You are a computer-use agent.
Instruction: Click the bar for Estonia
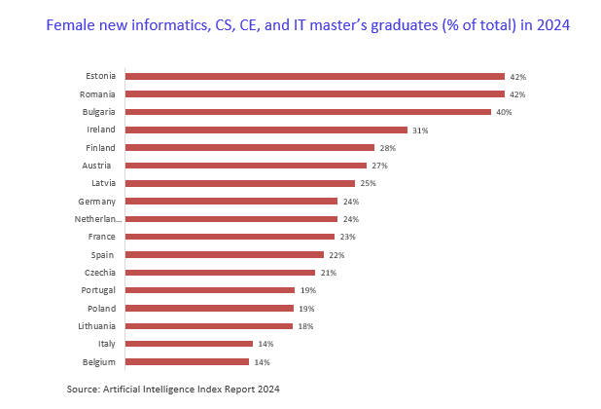click(315, 76)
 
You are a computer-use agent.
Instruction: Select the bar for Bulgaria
click(308, 112)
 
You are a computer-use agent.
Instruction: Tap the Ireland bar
click(266, 130)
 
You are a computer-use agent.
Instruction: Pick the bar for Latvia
click(240, 183)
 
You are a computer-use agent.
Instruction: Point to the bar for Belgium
click(187, 361)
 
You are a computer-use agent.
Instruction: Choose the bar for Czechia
click(221, 273)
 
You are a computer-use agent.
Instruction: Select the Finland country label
click(100, 147)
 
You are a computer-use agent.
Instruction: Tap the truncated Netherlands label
click(95, 219)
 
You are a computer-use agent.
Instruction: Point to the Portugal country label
click(98, 290)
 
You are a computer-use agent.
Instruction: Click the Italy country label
click(106, 344)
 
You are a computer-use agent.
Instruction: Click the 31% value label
click(419, 130)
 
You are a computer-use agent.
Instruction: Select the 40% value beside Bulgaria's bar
click(503, 112)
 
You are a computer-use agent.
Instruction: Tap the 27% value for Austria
click(379, 166)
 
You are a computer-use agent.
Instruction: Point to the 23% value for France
click(346, 237)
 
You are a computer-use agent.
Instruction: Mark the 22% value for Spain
click(336, 255)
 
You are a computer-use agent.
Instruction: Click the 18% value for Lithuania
click(305, 326)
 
